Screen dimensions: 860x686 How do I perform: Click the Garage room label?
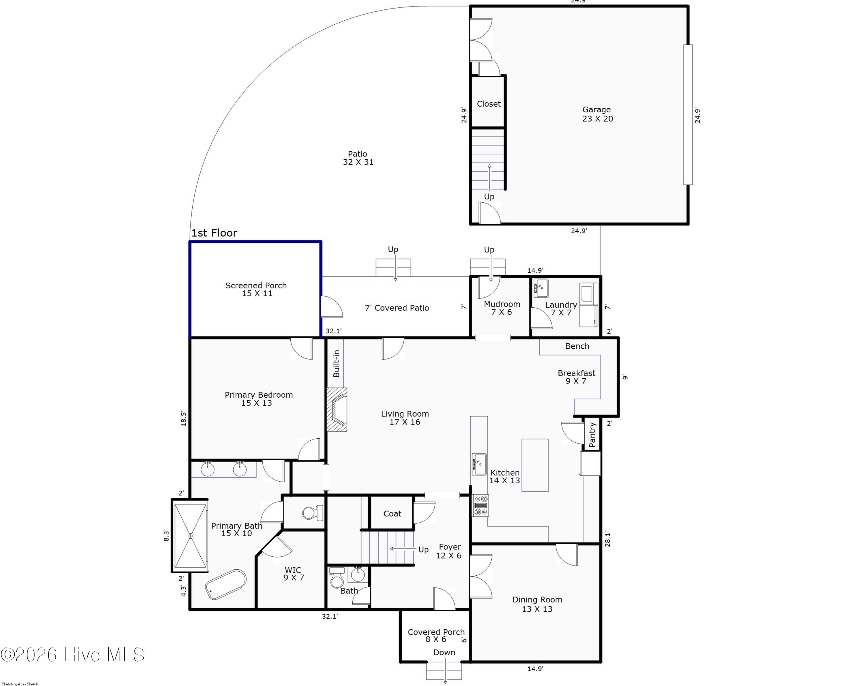[597, 114]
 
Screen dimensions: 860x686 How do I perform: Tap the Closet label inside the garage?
[489, 104]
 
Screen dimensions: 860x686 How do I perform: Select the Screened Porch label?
[256, 289]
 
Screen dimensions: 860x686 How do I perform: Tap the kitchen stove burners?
[480, 505]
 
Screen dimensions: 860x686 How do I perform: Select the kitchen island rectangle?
[535, 465]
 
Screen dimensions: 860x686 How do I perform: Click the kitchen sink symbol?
[479, 464]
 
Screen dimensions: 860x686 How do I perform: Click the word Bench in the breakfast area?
[577, 346]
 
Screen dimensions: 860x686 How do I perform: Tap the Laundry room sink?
[541, 288]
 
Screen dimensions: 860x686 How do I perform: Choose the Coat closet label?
[392, 514]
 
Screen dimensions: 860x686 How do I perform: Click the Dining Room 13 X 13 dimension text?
[537, 609]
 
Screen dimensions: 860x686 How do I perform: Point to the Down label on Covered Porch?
[444, 652]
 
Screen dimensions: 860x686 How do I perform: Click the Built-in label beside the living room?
[336, 363]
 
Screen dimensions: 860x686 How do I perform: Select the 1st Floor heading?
[214, 233]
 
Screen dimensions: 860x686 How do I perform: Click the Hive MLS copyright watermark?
[72, 655]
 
